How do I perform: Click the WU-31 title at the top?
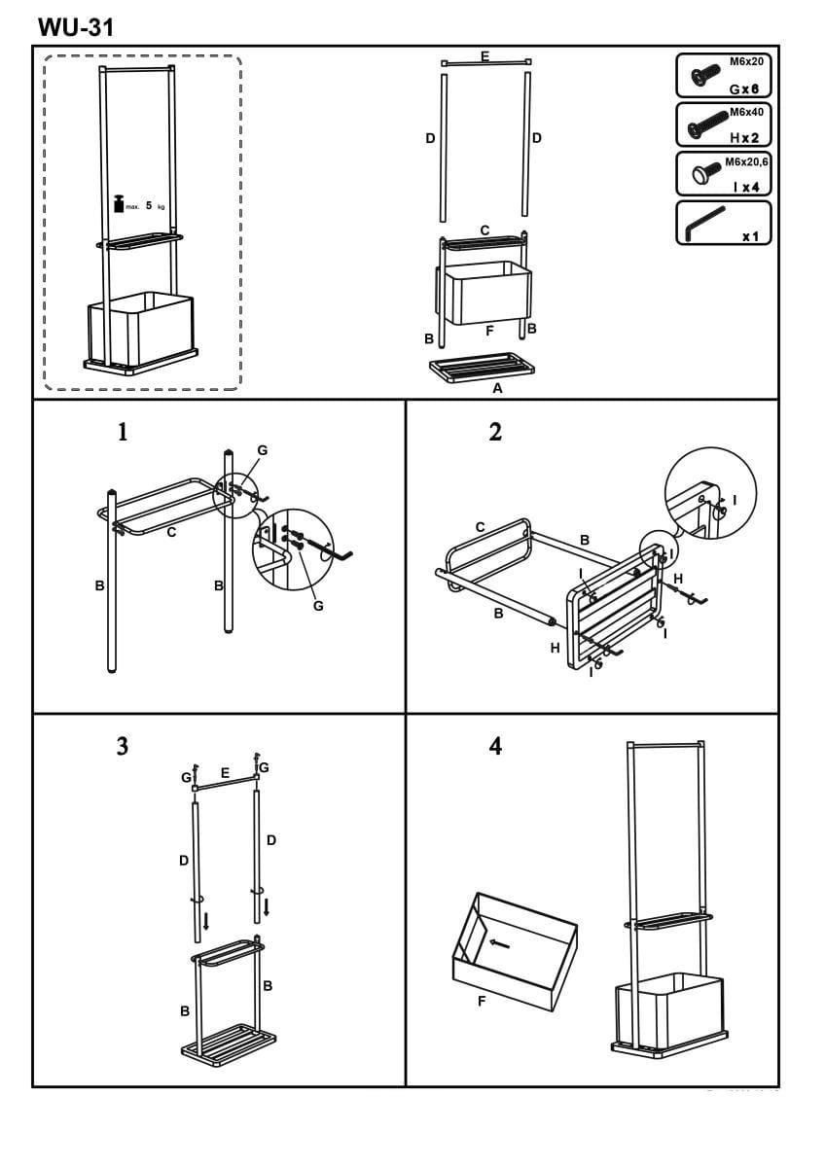tap(76, 27)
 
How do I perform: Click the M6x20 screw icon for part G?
tap(703, 76)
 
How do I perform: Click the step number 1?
tap(123, 433)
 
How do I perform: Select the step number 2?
tap(495, 433)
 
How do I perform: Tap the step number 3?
tap(123, 747)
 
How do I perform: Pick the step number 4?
tap(495, 747)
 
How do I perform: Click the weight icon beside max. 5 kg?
tap(120, 203)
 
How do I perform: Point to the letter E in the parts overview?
tap(484, 56)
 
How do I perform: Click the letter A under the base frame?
tap(497, 388)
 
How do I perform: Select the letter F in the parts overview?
tap(489, 331)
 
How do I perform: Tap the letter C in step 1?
tap(171, 532)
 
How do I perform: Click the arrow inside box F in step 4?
tap(499, 942)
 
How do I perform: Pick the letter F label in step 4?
tap(482, 1001)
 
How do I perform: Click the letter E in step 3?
tap(225, 773)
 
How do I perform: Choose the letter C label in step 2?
tap(480, 527)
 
